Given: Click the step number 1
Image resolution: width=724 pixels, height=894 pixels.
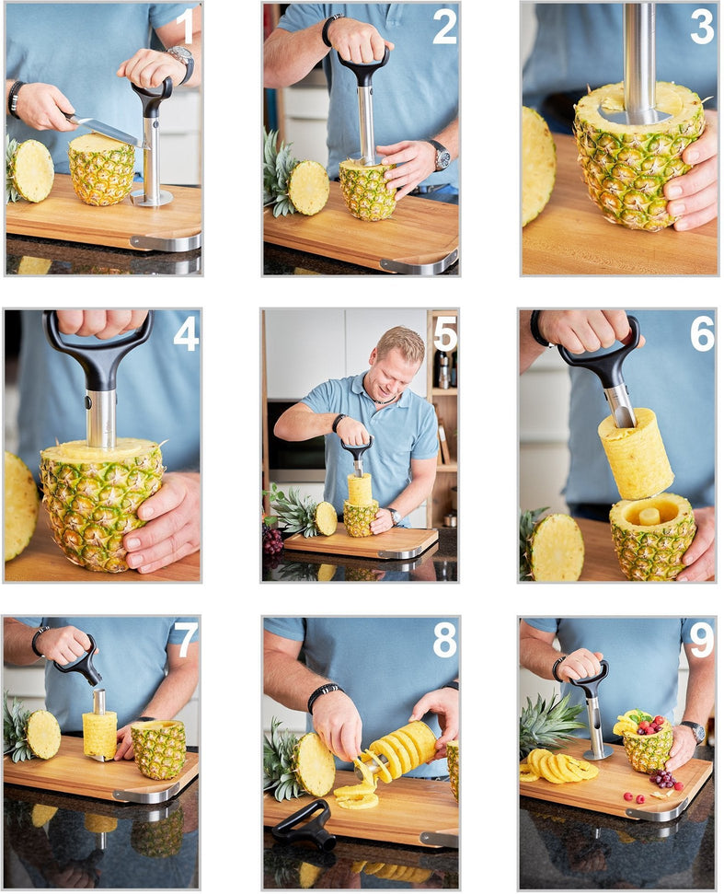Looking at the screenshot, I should [186, 27].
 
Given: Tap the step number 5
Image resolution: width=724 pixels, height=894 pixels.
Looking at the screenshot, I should [444, 333].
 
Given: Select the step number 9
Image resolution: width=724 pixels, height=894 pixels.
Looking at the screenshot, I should [701, 641].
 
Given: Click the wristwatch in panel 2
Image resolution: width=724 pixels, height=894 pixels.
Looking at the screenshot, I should [441, 155].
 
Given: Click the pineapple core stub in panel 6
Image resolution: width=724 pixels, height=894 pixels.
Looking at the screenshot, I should [649, 516].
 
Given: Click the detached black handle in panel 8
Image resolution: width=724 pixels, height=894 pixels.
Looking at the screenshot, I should [304, 825].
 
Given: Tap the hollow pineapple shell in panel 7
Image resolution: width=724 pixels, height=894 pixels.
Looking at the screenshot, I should [159, 749].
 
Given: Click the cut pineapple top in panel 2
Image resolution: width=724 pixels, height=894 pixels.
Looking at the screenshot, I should [307, 187].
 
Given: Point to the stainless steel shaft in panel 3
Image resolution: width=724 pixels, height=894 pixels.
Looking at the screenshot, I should [639, 55].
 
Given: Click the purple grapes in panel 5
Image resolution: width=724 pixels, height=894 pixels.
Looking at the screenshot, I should [273, 539].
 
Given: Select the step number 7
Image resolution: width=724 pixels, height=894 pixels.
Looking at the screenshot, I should [186, 641].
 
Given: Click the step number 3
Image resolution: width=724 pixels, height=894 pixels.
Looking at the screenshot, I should [701, 27].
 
